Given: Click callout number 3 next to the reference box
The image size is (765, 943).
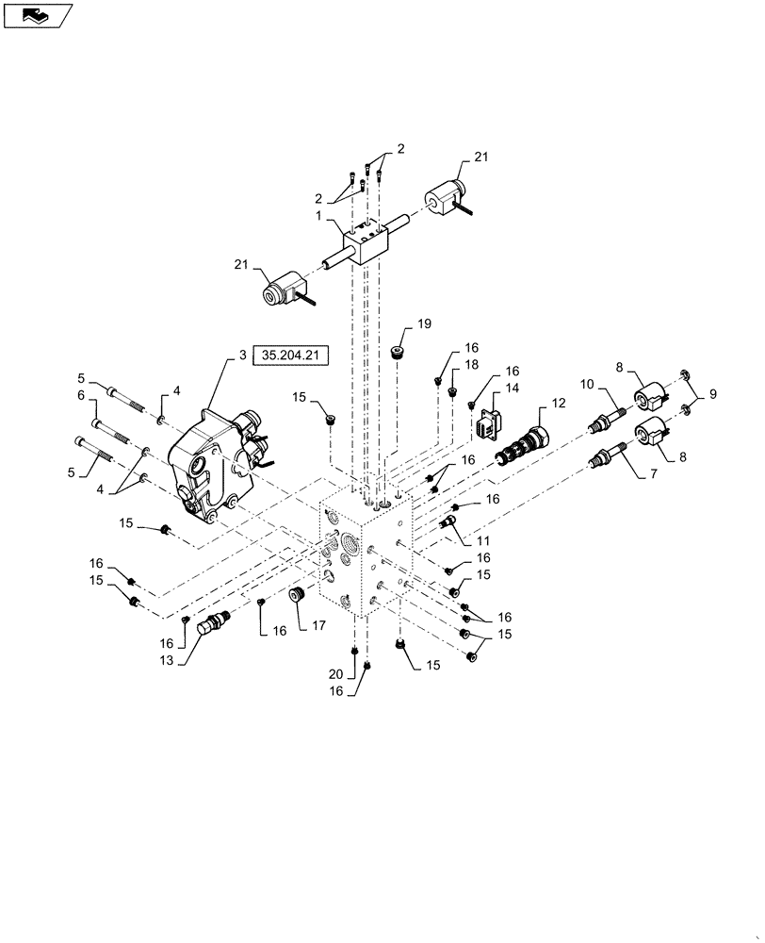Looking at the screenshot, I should tap(242, 356).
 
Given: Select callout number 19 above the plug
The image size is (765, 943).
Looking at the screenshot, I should tap(424, 323).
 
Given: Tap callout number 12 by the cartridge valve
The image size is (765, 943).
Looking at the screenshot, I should tap(558, 404).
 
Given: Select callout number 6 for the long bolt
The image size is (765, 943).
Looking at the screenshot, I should tap(81, 397).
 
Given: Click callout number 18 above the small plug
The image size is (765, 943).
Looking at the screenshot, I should tap(471, 364).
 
